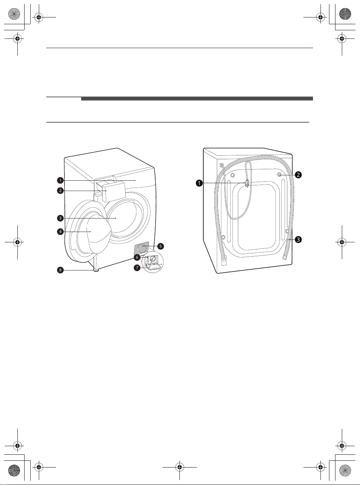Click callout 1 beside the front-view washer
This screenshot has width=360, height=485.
tap(60, 181)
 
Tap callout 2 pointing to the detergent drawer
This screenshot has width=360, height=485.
tap(60, 191)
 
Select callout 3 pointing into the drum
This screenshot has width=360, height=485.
tap(60, 218)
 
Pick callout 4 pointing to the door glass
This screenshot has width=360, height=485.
tap(60, 232)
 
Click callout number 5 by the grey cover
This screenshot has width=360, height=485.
tap(161, 246)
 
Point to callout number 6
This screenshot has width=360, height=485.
tap(137, 257)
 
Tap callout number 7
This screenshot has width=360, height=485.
tap(137, 268)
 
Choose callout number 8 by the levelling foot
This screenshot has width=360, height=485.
tap(60, 270)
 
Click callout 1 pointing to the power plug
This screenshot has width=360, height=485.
tap(199, 183)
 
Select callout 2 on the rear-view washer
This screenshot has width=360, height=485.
tap(298, 175)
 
